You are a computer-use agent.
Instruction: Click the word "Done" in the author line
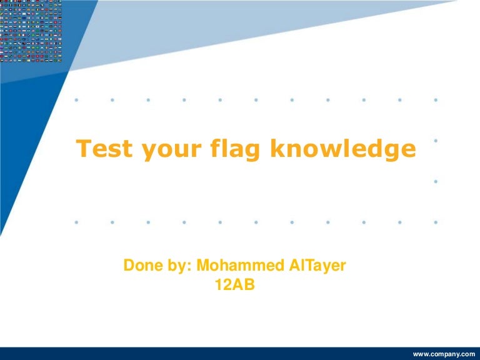142,265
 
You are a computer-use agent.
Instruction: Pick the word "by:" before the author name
178,266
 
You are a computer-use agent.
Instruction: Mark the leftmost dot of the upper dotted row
76,99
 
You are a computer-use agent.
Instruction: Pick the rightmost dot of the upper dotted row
436,99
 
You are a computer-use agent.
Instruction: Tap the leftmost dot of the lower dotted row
76,221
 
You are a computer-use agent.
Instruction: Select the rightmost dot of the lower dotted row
436,221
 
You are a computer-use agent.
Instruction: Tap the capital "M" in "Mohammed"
203,265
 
